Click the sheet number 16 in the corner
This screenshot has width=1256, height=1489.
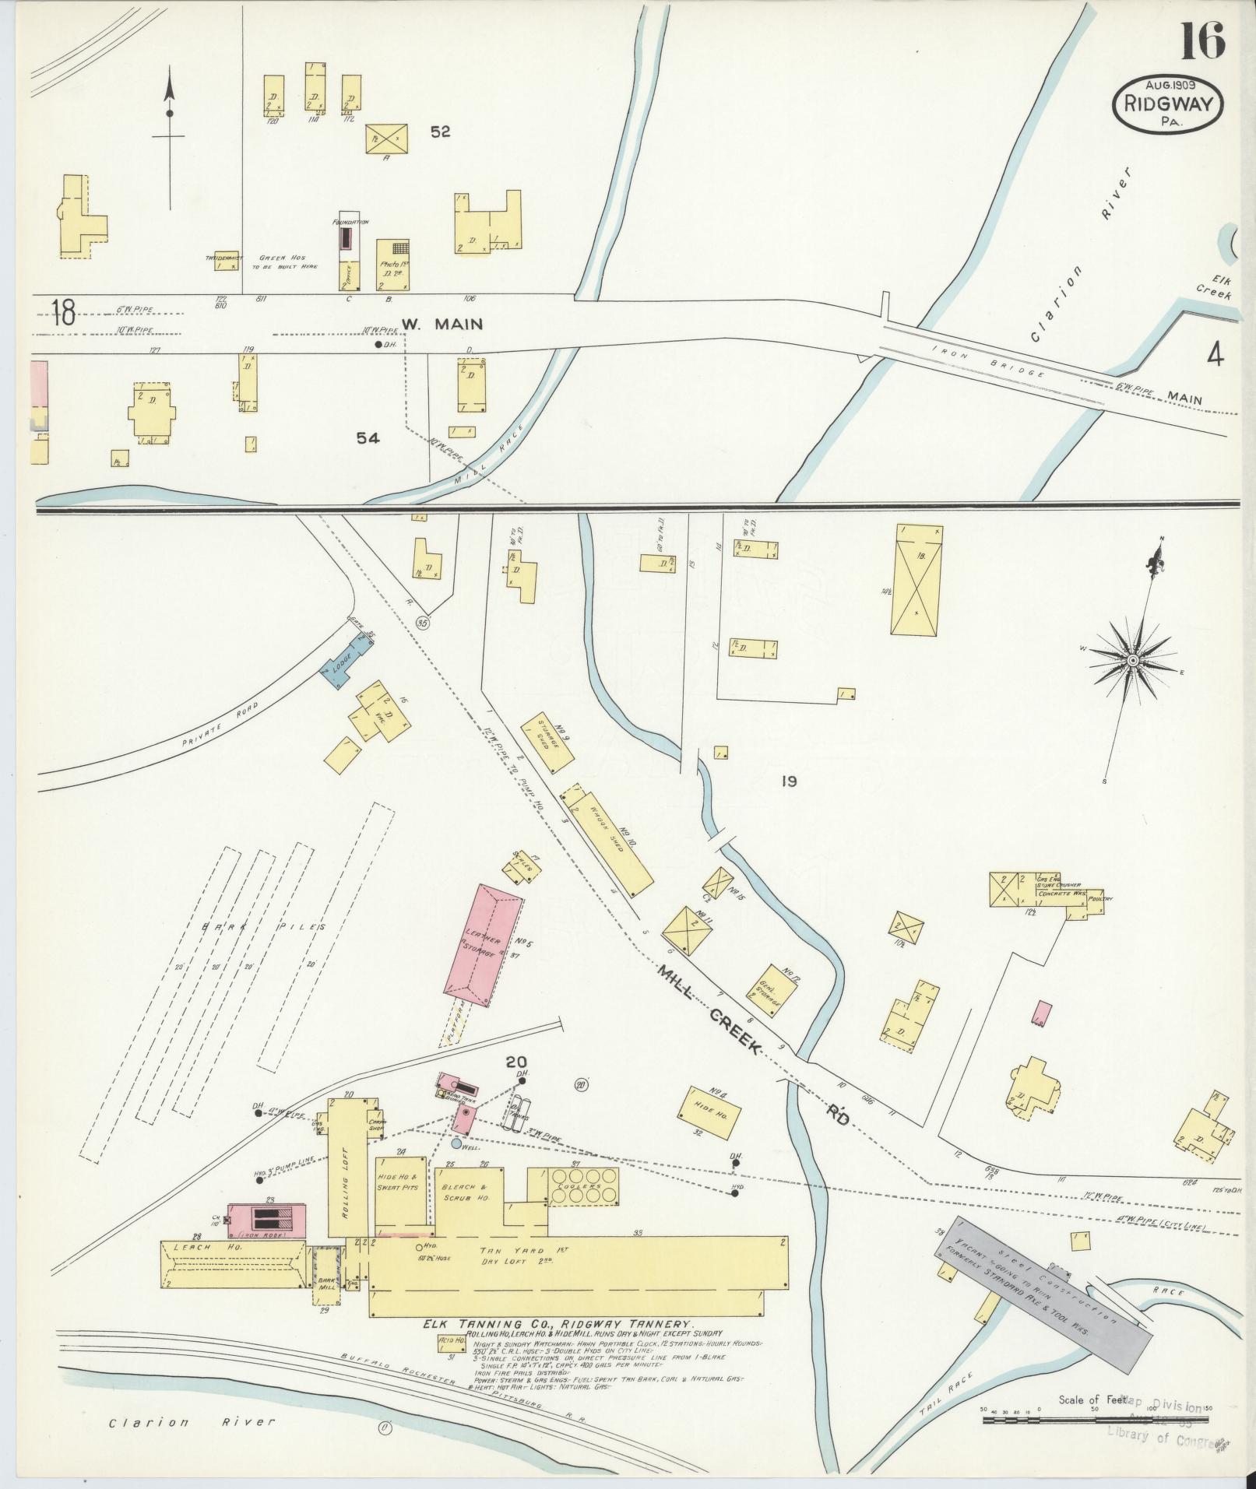click(x=1202, y=40)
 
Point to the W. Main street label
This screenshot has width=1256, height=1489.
click(x=442, y=324)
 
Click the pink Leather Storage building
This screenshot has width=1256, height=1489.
click(x=483, y=942)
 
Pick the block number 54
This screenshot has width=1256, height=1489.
click(x=368, y=438)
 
